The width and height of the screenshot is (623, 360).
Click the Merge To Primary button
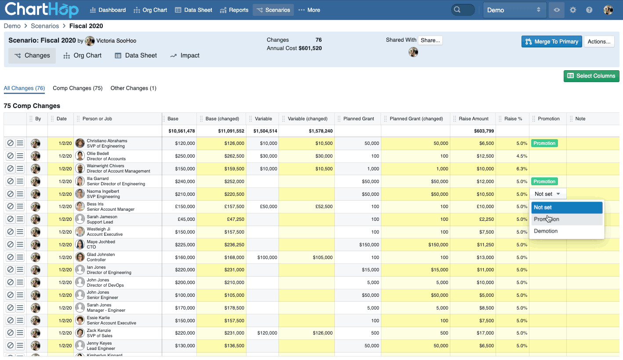point(551,42)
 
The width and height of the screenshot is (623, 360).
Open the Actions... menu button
point(599,42)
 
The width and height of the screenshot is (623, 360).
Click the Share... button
point(430,40)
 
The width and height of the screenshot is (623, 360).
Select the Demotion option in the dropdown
point(546,231)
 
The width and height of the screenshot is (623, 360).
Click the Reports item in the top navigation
point(234,10)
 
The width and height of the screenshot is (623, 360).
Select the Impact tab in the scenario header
point(185,56)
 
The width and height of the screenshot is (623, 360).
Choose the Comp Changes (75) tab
point(77,88)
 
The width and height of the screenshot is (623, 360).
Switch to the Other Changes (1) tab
point(133,88)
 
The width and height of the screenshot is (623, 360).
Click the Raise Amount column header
point(473,119)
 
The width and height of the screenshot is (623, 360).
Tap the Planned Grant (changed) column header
point(416,119)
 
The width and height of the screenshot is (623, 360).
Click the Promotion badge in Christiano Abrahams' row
point(544,143)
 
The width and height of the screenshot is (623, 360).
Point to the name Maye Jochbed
point(101,242)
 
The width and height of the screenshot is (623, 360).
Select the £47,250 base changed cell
point(233,219)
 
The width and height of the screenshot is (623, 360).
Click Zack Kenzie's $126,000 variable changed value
point(322,333)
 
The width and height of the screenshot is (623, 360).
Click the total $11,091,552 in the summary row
point(231,131)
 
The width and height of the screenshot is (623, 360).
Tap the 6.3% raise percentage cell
point(522,169)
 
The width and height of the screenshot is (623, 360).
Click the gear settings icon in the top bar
point(573,10)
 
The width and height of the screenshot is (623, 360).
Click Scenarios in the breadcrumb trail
point(45,26)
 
